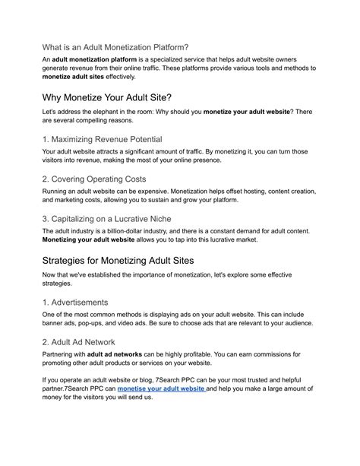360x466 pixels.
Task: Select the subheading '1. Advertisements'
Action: click(75, 302)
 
